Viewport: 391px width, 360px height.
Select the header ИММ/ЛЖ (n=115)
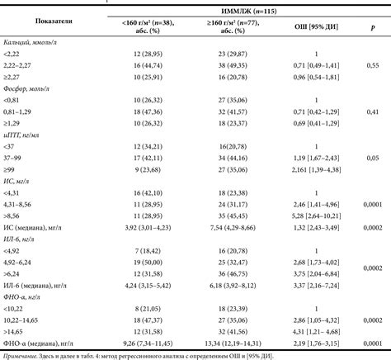[x=238, y=9]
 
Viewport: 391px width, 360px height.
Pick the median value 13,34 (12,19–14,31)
[x=237, y=341]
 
